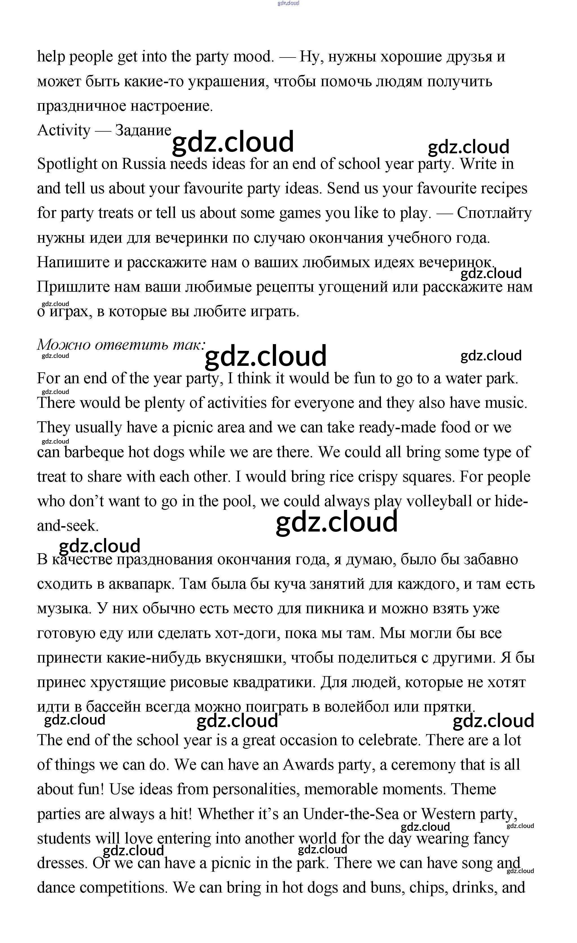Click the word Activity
(63, 131)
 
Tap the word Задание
(143, 131)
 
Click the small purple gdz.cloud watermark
(288, 3)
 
